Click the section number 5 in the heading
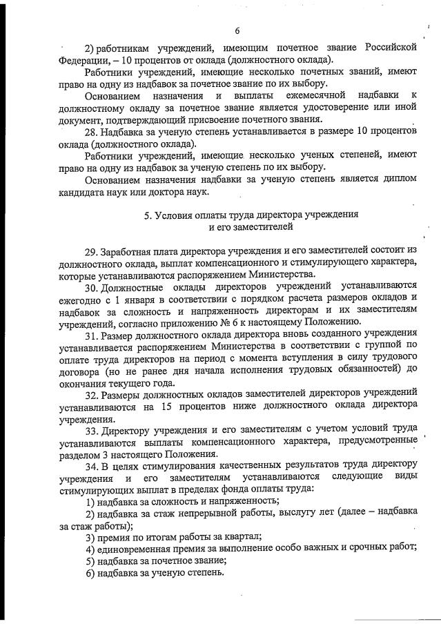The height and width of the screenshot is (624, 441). [x=148, y=215]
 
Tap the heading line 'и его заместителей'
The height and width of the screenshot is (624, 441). [x=251, y=227]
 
